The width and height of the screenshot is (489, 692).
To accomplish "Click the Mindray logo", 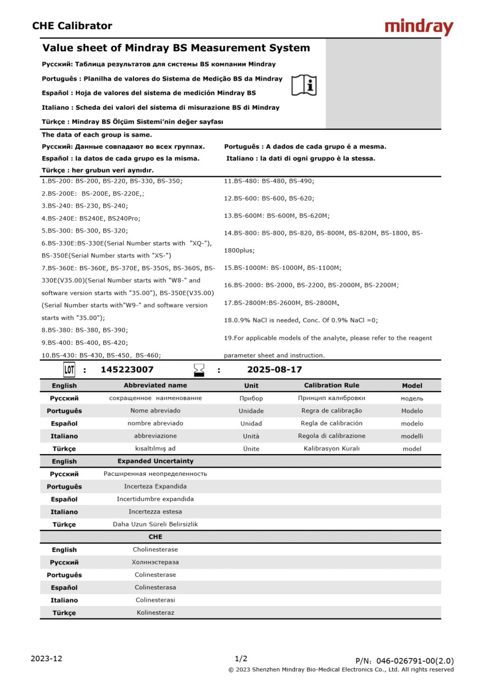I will pos(419,27).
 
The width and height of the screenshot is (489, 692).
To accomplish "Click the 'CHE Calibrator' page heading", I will pos(72,25).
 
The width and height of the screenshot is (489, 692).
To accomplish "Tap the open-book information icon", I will pos(304,85).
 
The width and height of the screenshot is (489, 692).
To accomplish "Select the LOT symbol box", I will pos(69,370).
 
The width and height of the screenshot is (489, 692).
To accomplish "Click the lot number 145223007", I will pos(127,370).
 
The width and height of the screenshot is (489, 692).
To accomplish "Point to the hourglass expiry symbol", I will pos(199,370).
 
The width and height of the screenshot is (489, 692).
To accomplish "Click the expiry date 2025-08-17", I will pos(274,370).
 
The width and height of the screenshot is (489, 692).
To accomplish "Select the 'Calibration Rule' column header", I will pos(331,385).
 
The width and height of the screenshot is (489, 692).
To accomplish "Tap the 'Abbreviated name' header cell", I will pos(155,385).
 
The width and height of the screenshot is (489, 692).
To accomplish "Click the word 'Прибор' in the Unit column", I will pos(251,398).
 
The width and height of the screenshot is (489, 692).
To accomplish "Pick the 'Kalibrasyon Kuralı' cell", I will pos(331,449).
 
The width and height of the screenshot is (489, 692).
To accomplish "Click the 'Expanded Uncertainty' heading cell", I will pos(155,461).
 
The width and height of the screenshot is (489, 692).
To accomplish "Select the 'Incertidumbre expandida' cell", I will pos(155,499).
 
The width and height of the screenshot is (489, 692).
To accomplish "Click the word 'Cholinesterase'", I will pos(155,550).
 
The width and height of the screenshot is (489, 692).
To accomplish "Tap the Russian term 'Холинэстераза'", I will pos(155,562).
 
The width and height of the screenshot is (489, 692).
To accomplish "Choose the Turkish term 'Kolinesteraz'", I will pos(155,613).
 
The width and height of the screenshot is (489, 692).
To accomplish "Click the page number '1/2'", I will pos(241,658).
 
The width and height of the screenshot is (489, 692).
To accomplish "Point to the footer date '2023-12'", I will pos(46,658).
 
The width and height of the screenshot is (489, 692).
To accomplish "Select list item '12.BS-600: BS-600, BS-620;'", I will pos(269,198).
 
